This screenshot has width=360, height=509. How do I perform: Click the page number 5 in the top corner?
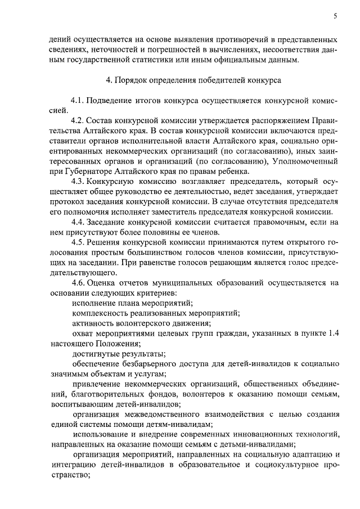click(335, 16)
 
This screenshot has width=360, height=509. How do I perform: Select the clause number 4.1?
click(78, 100)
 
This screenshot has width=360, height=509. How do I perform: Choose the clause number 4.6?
click(78, 283)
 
